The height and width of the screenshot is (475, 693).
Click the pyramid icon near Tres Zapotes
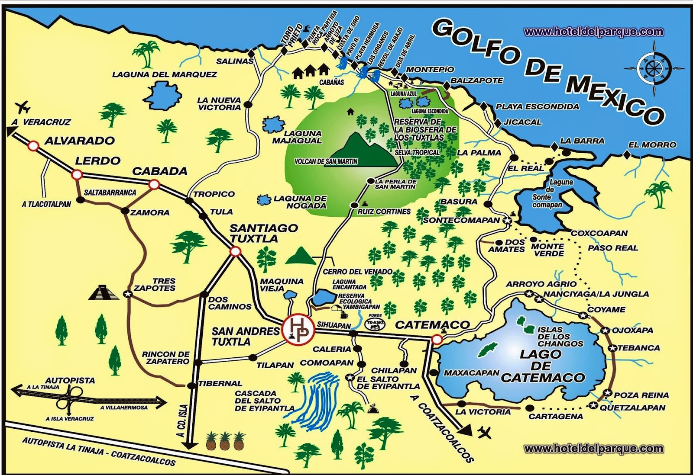104,293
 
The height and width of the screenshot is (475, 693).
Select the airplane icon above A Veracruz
23,106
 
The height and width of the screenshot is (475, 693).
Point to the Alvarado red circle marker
33,146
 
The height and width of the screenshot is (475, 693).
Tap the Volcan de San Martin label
326,161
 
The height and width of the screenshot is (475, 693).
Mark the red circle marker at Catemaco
437,340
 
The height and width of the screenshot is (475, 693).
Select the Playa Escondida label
537,106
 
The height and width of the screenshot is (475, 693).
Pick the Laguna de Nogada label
300,202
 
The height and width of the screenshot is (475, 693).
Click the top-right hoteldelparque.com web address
593,32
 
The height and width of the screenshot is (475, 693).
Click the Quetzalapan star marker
593,405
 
